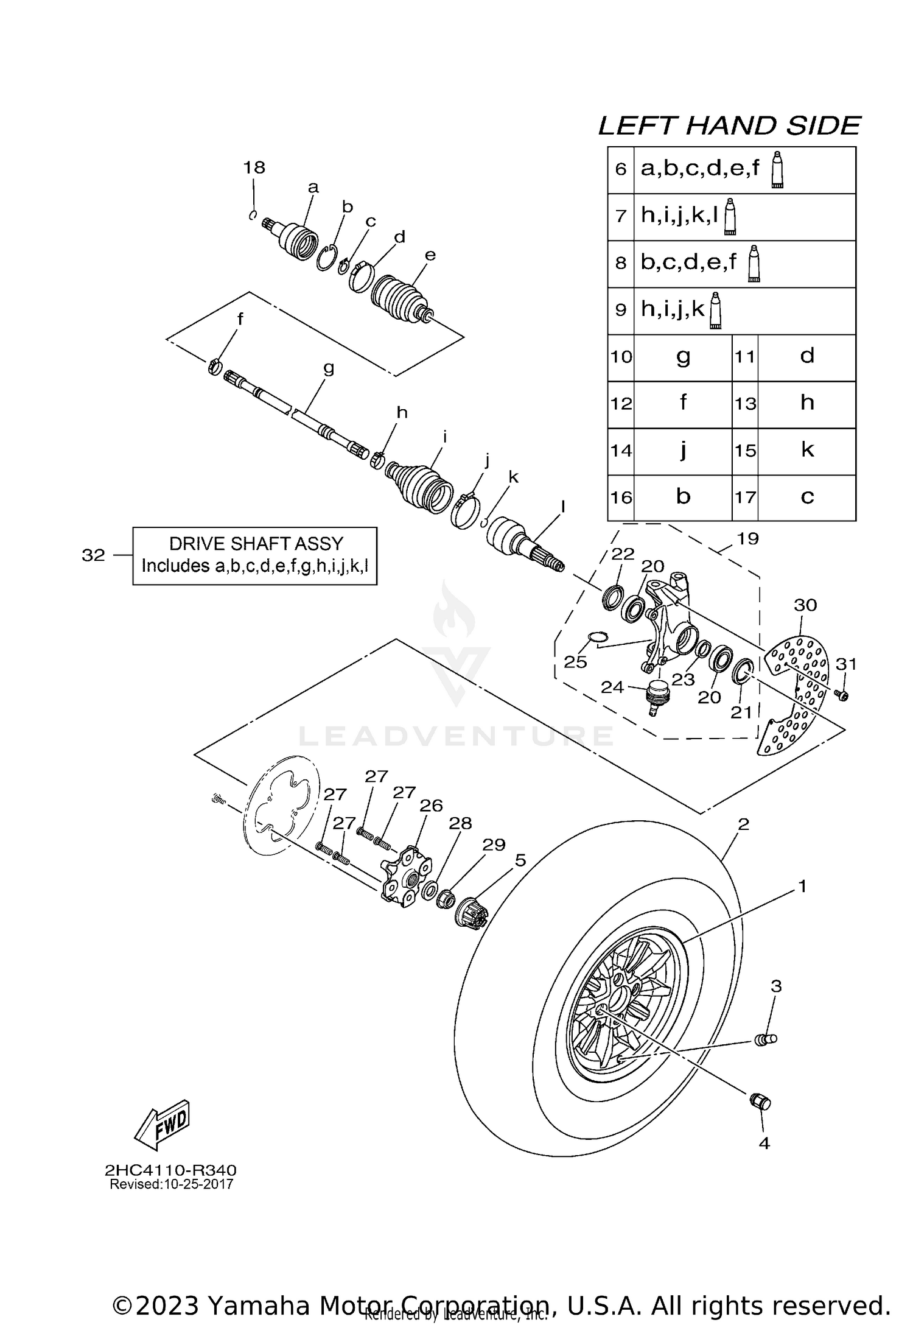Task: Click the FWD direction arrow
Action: pos(162,1125)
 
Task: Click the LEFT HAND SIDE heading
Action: pos(729,125)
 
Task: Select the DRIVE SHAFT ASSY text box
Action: pos(254,555)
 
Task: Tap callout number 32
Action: pos(93,555)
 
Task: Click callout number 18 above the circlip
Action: pos(254,167)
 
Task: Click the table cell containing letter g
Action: pos(682,357)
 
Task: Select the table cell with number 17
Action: pos(745,497)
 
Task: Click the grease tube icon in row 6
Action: pos(777,170)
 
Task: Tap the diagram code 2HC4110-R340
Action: pos(170,1170)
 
